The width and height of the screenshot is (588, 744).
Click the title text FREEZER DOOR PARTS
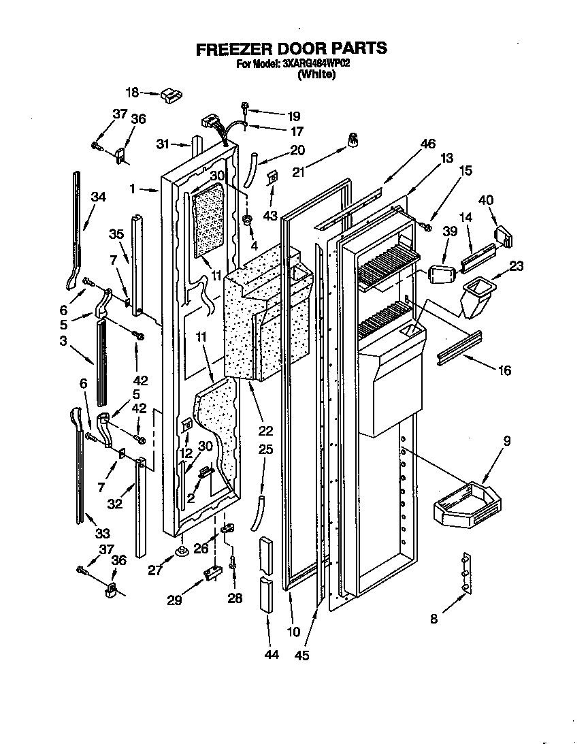pyautogui.click(x=291, y=49)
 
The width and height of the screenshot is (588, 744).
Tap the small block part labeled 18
pyautogui.click(x=169, y=94)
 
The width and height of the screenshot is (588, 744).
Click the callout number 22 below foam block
pyautogui.click(x=265, y=430)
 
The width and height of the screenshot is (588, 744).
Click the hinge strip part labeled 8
pyautogui.click(x=465, y=572)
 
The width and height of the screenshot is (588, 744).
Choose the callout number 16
pyautogui.click(x=504, y=370)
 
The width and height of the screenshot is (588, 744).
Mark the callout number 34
pyautogui.click(x=99, y=197)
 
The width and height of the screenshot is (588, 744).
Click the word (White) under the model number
pyautogui.click(x=316, y=75)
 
